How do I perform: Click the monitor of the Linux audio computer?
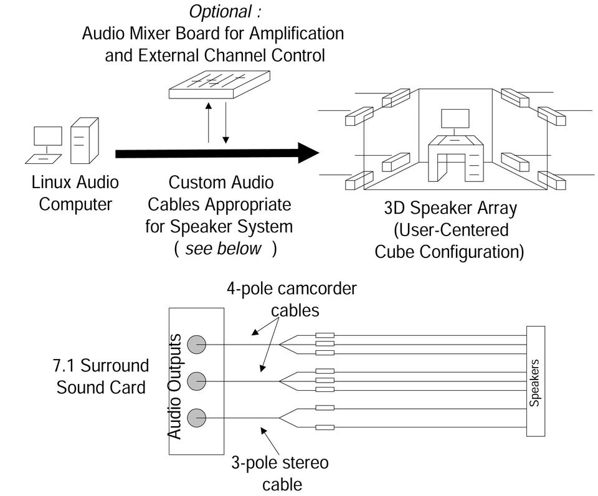[x=48, y=136]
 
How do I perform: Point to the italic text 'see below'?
[x=223, y=248]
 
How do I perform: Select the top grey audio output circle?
[x=197, y=344]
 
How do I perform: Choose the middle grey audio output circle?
[x=197, y=380]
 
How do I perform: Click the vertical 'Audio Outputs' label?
[x=176, y=386]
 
